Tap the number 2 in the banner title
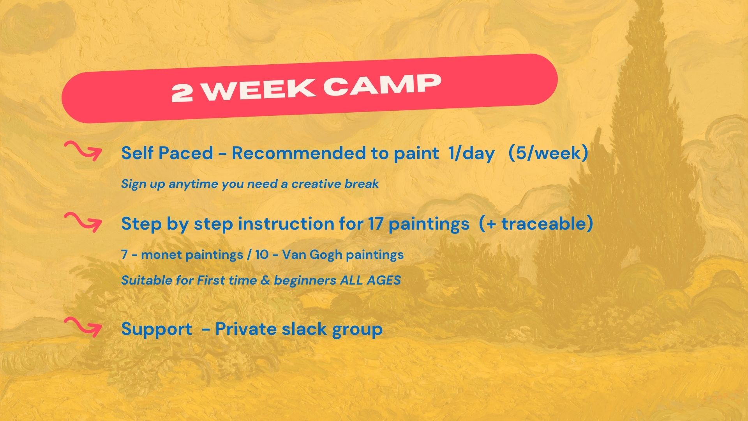(182, 93)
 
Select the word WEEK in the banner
(259, 90)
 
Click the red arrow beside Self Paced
(83, 151)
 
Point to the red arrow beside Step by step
(83, 222)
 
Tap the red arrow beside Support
(83, 327)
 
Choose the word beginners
(305, 281)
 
